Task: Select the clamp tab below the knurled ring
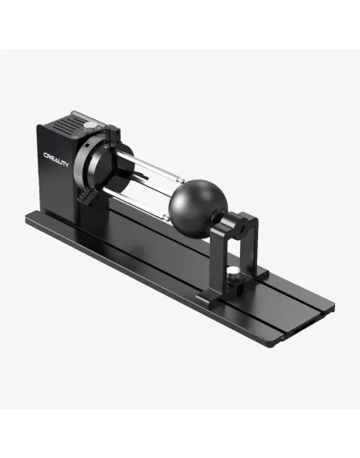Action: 86,199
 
